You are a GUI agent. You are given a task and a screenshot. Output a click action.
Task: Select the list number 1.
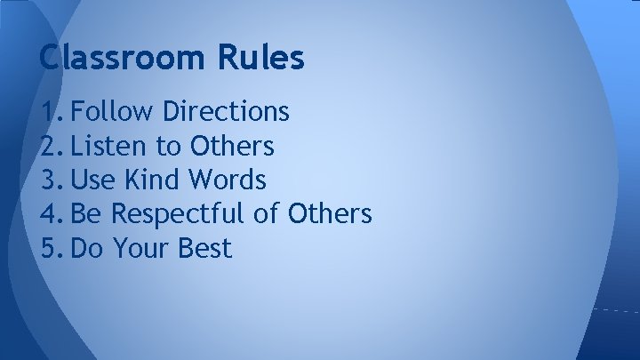52,112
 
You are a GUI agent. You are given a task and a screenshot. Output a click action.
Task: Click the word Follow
112,112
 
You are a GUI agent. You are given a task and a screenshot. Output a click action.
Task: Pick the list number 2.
52,146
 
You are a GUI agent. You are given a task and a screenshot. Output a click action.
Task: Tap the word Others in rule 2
231,146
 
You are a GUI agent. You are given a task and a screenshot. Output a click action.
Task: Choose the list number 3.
52,180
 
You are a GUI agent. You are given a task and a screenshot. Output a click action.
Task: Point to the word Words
228,180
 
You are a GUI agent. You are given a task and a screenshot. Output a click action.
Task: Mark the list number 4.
52,214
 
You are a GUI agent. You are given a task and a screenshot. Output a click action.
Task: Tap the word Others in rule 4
329,214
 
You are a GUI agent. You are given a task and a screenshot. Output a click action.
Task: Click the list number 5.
52,249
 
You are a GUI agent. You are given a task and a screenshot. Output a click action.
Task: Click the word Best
205,249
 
